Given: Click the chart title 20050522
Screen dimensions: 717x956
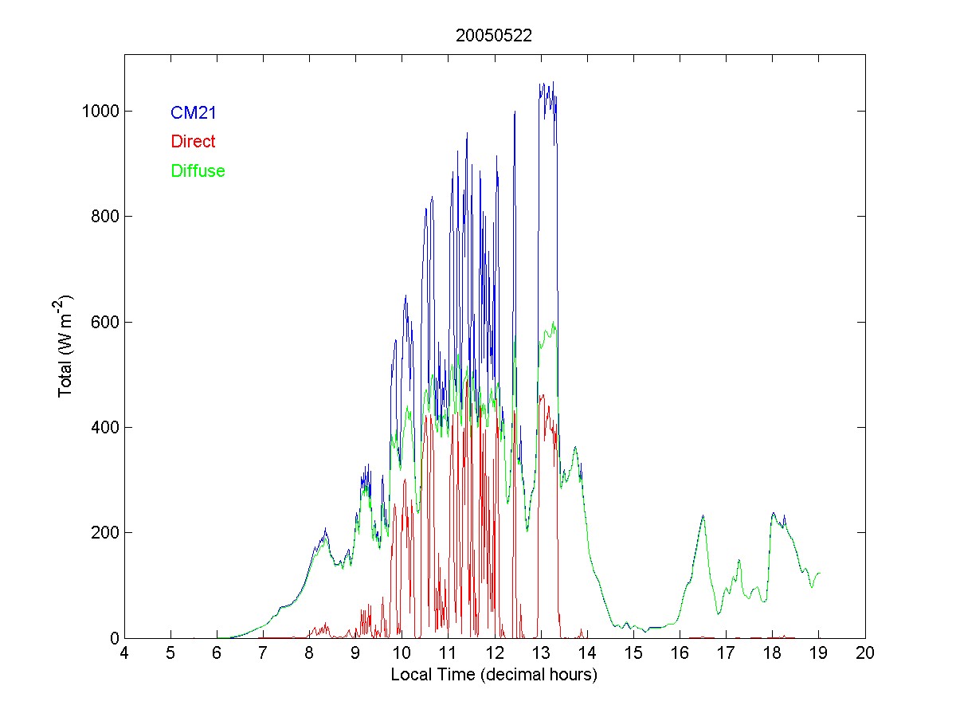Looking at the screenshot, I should point(494,36).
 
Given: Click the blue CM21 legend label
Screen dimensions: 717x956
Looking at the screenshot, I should point(193,113).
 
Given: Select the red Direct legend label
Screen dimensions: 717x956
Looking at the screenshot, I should point(193,142).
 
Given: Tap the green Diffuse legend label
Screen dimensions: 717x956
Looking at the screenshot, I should point(198,170).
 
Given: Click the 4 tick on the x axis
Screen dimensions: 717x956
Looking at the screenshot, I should point(124,654).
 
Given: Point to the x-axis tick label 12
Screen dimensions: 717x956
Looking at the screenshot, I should point(495,654).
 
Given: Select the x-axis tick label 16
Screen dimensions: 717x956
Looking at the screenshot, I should point(680,654).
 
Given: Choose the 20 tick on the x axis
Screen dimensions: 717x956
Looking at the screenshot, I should point(865,654).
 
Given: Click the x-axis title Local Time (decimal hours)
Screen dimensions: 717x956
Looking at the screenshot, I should point(494,675).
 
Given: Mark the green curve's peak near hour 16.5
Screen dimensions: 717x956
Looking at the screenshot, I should point(703,516).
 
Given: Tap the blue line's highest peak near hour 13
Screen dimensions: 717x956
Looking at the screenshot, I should point(552,82).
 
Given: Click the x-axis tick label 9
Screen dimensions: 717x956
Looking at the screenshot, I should point(355,654).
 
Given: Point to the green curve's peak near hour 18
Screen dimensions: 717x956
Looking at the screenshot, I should point(773,514).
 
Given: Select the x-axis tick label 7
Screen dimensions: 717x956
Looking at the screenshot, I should point(263,654).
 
